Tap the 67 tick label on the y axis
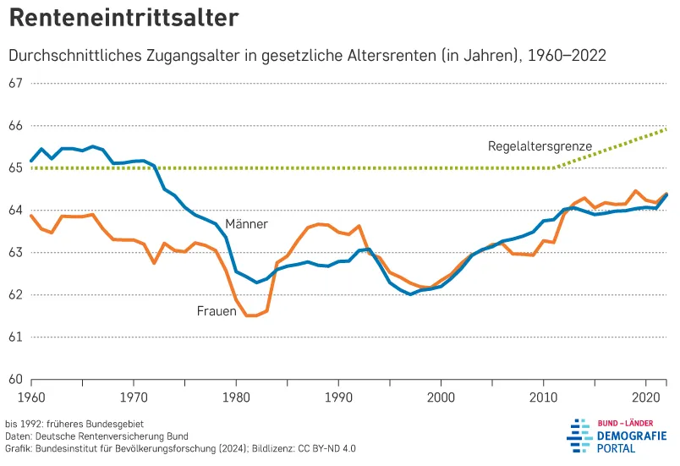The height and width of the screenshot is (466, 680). point(14,84)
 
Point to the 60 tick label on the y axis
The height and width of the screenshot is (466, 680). point(14,379)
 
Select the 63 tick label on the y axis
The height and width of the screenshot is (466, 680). point(14,253)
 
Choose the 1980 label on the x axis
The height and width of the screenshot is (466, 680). point(236,396)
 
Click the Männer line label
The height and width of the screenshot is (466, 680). point(246,224)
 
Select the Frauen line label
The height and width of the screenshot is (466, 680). point(217,311)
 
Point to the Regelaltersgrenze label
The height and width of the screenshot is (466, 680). point(540,145)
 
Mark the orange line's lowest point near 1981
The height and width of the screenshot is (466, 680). point(250,315)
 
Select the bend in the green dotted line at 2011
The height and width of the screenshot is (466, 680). point(555,167)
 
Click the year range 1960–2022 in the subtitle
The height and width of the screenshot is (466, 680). point(567,55)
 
